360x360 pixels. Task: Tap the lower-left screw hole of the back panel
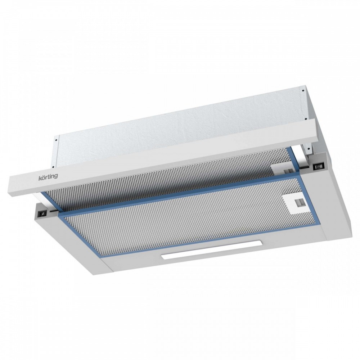pos(53,167)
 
